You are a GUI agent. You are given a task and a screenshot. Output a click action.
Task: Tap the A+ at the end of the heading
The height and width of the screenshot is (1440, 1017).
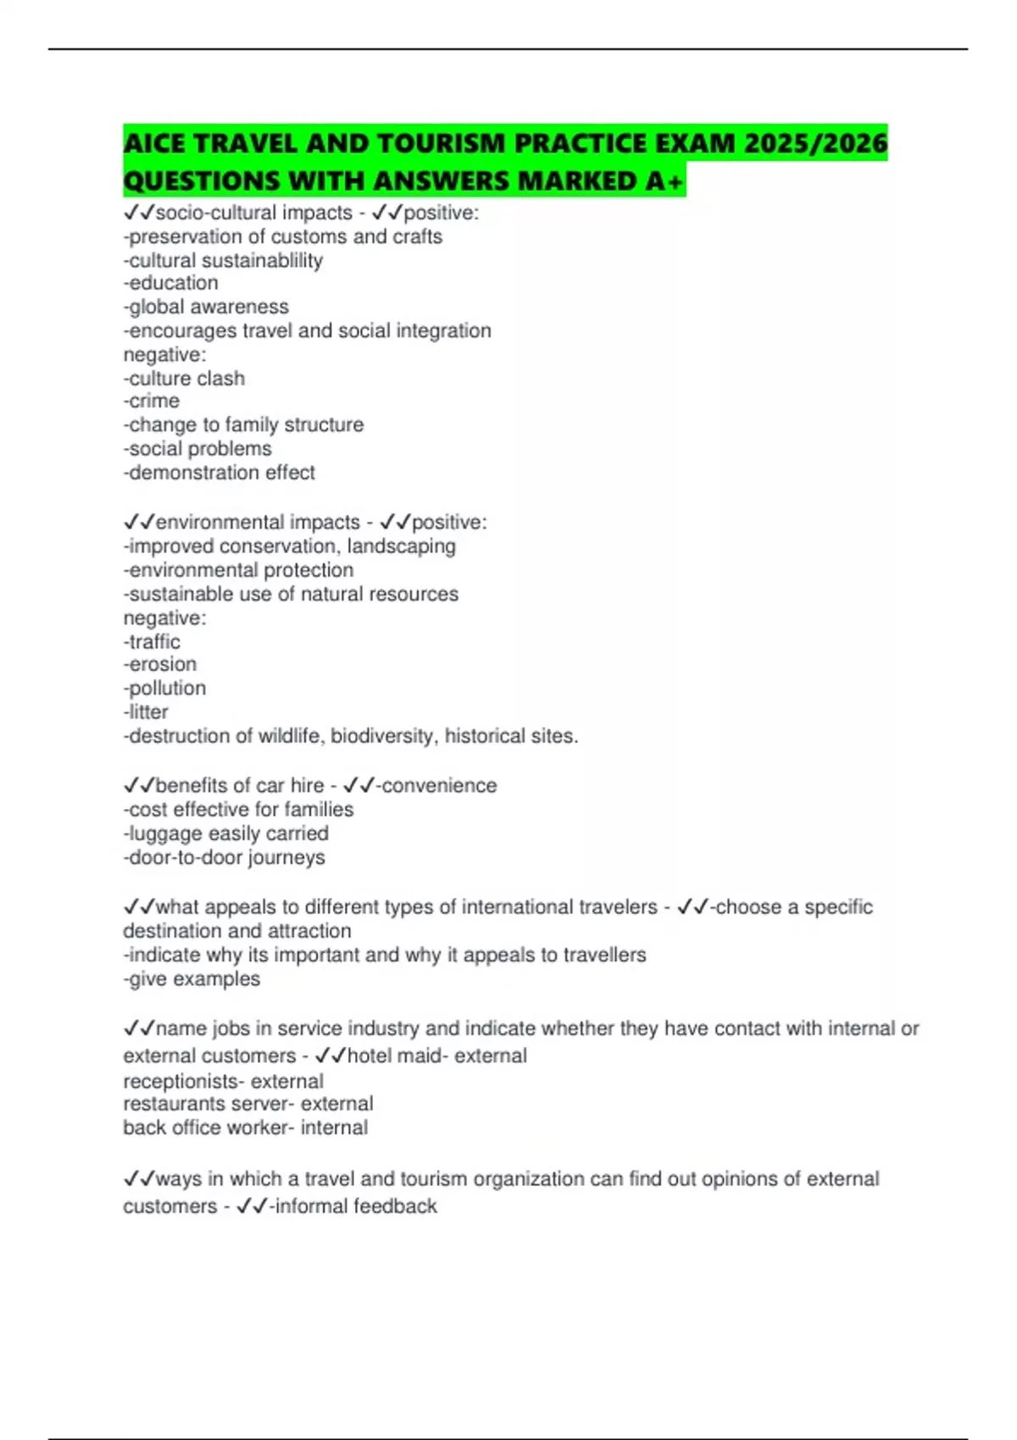(x=668, y=180)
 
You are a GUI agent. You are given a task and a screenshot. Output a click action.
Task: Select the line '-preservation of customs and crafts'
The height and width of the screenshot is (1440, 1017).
(x=283, y=236)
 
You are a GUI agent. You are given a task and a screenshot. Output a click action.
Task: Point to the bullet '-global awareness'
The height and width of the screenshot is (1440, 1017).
(x=206, y=307)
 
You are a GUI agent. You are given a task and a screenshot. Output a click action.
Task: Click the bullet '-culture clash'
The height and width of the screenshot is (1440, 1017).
(x=184, y=378)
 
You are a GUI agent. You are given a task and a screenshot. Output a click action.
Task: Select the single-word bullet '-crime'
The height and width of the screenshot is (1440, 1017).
(x=152, y=401)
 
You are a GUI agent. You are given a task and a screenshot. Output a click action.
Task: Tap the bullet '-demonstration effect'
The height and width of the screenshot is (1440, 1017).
(x=220, y=472)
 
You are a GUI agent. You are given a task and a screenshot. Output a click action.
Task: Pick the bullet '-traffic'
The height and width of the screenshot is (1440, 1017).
(x=152, y=641)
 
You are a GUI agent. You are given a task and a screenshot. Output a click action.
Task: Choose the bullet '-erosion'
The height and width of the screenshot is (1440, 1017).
(x=160, y=664)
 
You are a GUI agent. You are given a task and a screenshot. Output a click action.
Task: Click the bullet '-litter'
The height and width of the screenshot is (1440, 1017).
(x=146, y=712)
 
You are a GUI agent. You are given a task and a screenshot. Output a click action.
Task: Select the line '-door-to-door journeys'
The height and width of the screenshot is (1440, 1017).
(x=225, y=857)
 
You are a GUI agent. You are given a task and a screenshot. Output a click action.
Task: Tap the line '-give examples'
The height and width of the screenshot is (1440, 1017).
(x=192, y=978)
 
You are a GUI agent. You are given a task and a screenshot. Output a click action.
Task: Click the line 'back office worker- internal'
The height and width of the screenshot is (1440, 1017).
(x=246, y=1127)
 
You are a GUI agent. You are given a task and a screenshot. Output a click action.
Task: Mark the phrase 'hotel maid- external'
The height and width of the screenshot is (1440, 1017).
(x=437, y=1055)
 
